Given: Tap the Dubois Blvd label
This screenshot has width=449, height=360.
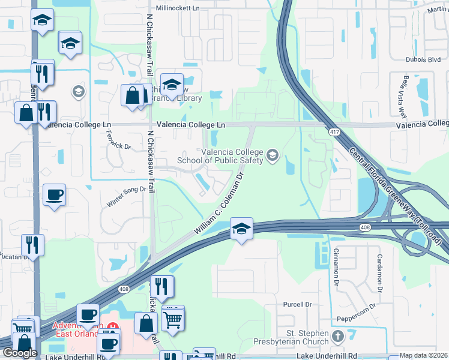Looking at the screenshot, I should pyautogui.click(x=424, y=60).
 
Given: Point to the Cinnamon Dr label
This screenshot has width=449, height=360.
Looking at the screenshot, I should pyautogui.click(x=337, y=266).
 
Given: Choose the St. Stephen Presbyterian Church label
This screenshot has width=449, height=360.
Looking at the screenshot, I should pyautogui.click(x=307, y=338).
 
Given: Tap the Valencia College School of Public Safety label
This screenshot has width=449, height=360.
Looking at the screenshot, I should pyautogui.click(x=232, y=156).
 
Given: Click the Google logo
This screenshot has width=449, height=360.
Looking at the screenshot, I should pyautogui.click(x=20, y=352).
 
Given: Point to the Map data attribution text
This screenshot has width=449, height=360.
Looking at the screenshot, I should pyautogui.click(x=424, y=355).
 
